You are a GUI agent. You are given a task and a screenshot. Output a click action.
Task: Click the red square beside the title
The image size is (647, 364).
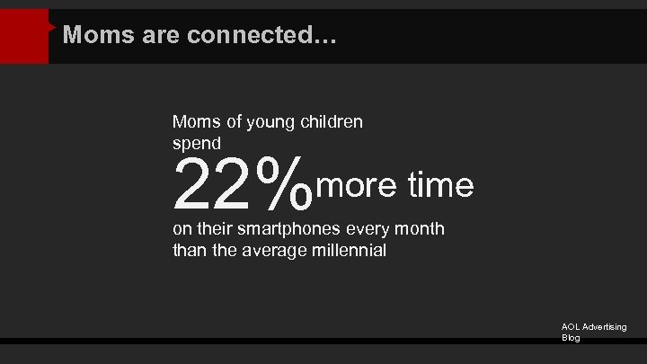tap(24, 37)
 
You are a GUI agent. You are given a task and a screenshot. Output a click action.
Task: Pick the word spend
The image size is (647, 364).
tap(197, 143)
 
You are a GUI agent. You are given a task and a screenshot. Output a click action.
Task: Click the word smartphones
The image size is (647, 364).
tap(289, 229)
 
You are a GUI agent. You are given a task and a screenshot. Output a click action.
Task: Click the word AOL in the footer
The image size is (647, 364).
tap(572, 327)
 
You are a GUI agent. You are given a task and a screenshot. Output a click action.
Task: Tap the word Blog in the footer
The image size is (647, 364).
tap(571, 338)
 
